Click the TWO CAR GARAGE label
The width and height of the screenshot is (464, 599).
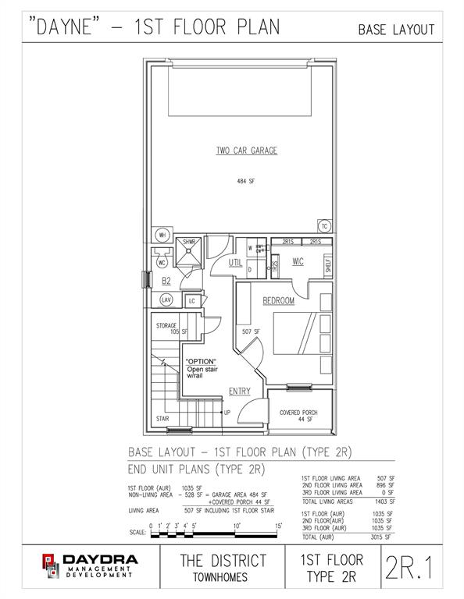(246, 150)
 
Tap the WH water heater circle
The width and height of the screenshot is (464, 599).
(163, 235)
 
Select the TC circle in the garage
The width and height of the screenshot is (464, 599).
(324, 227)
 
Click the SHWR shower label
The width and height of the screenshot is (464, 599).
(189, 243)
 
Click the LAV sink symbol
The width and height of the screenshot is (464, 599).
(166, 299)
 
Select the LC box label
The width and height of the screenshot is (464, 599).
(191, 301)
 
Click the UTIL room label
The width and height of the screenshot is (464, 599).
(235, 264)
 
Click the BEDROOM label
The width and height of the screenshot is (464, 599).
(278, 300)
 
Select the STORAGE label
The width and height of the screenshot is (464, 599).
(166, 325)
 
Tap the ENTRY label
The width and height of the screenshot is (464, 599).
(239, 391)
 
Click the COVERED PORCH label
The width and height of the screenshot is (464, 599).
(299, 413)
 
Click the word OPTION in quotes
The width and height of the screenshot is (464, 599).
(201, 362)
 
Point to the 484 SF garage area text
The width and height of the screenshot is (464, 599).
(246, 181)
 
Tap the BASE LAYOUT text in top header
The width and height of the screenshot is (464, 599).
(396, 30)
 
